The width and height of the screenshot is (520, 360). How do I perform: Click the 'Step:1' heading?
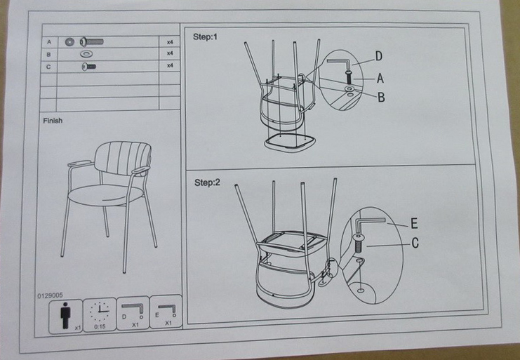206,36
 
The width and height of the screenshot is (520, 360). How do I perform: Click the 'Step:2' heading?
207,182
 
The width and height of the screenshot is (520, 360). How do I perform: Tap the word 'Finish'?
53,121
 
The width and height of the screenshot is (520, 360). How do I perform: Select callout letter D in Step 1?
379,56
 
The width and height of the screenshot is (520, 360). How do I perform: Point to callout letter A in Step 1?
380,79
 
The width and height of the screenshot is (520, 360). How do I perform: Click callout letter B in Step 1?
381,97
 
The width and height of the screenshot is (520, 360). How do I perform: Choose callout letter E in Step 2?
414,223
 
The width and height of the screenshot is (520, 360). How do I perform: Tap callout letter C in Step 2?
415,243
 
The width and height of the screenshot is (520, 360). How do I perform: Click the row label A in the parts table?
49,42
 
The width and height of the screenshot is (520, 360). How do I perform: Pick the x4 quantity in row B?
170,53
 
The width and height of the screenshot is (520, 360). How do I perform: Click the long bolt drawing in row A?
91,42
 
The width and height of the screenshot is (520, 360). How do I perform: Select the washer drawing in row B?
86,53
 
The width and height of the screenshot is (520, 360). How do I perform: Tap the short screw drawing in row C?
89,67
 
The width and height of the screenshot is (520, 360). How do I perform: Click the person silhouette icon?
65,315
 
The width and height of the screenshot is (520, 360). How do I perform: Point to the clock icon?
100,312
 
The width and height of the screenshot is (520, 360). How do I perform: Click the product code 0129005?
50,295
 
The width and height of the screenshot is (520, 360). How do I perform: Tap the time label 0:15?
100,326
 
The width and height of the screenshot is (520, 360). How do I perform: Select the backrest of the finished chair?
123,158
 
